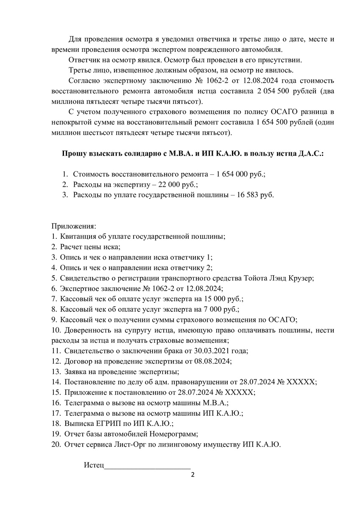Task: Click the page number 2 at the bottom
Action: click(193, 474)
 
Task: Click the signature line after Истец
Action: click(148, 465)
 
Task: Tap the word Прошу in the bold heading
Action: click(75, 153)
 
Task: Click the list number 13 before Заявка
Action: click(56, 372)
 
